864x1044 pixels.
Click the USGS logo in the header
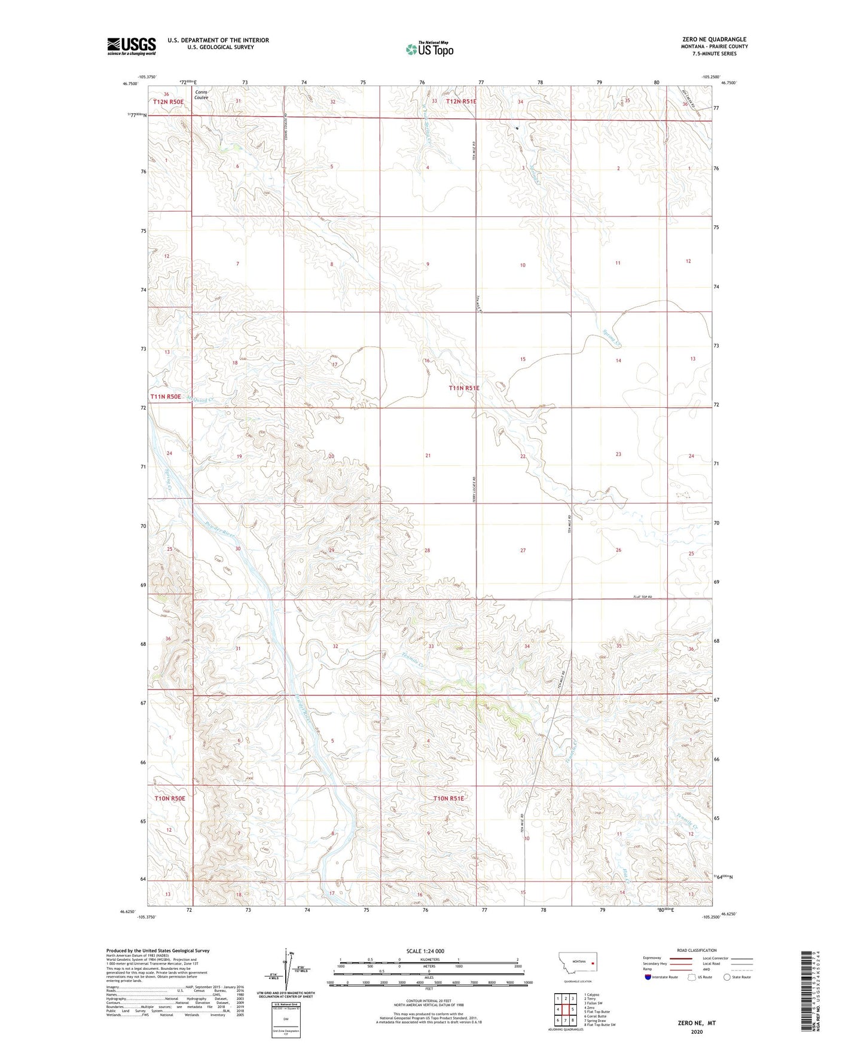[x=131, y=46]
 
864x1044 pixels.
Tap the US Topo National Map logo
[x=430, y=49]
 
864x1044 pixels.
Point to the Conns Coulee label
[x=202, y=94]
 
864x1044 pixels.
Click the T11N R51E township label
[x=465, y=388]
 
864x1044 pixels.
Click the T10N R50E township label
[x=170, y=798]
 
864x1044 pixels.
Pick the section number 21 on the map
[x=428, y=456]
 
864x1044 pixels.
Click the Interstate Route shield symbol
[x=648, y=977]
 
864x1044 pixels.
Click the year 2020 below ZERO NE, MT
[x=697, y=1032]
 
